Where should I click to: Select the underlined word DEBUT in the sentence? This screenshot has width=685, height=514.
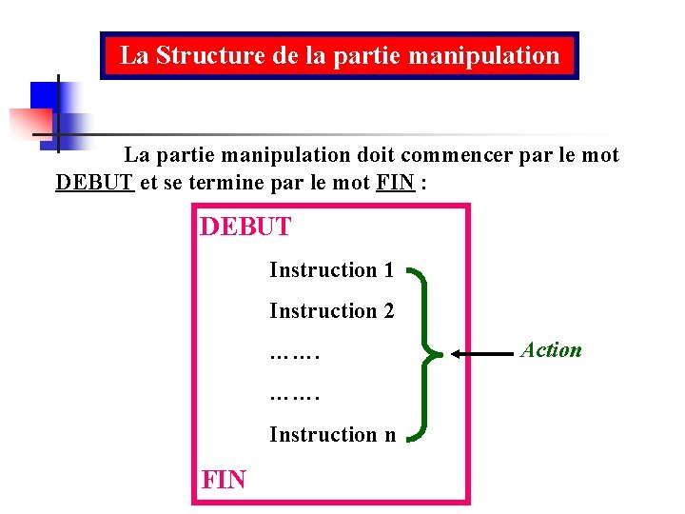94,183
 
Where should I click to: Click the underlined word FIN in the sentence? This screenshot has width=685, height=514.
395,183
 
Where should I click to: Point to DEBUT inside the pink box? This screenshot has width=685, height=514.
245,228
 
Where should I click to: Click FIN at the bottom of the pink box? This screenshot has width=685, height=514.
224,479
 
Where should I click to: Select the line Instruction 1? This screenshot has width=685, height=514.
331,270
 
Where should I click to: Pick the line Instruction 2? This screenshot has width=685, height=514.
331,311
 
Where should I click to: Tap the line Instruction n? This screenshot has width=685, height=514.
332,435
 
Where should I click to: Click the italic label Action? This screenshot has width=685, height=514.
551,350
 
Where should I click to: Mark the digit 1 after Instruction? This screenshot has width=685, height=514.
388,270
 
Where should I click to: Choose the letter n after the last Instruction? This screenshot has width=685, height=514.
389,436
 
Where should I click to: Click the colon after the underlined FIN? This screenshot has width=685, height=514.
423,184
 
